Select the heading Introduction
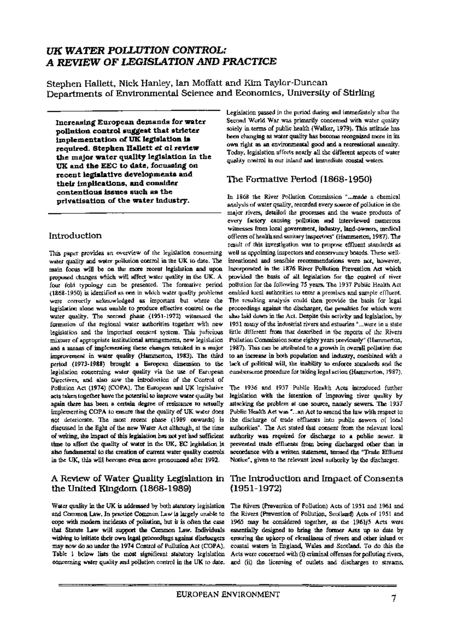(75, 236)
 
